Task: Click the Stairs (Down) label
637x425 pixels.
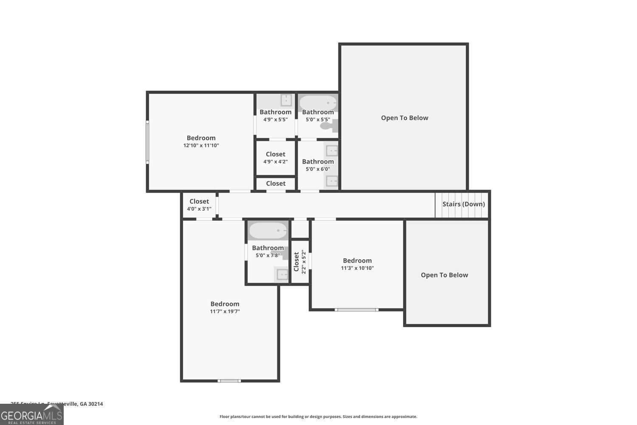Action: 463,204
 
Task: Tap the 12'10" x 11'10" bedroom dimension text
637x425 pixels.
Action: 201,145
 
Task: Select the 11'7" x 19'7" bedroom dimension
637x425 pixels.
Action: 225,312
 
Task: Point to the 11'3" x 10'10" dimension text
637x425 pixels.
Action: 357,268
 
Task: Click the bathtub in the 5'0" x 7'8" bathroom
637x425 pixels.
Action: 268,231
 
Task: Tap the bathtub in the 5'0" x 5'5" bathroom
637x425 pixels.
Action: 318,102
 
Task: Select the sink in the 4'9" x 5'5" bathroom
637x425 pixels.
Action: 286,100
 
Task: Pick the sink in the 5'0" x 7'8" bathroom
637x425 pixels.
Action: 282,275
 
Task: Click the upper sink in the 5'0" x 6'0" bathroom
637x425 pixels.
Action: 332,150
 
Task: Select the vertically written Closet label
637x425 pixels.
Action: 296,261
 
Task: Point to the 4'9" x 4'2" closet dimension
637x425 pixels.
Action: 275,161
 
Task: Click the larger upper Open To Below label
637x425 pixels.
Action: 404,118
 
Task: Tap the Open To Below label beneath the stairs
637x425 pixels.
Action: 444,275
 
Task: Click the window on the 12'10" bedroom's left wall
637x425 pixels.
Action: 147,142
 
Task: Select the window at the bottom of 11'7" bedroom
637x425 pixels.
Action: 229,381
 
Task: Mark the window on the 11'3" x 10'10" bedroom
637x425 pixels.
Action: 356,310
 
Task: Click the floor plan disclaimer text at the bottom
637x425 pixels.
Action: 318,417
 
